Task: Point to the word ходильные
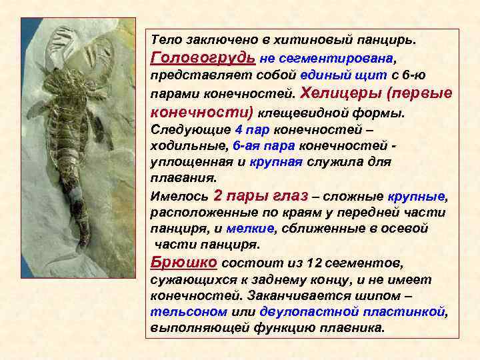point(179,145)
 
